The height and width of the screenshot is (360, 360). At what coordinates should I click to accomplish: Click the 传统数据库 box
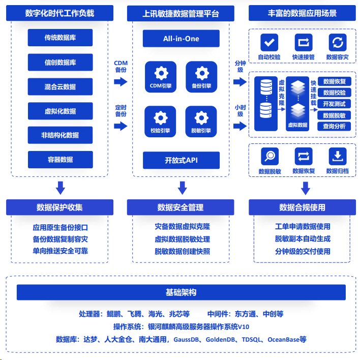pyautogui.click(x=60, y=38)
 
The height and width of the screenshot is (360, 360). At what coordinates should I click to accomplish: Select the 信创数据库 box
pyautogui.click(x=60, y=62)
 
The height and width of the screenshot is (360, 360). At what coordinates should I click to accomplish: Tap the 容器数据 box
pyautogui.click(x=61, y=160)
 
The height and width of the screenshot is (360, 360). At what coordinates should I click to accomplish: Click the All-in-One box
pyautogui.click(x=181, y=39)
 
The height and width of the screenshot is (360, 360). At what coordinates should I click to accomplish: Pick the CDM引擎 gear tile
pyautogui.click(x=161, y=77)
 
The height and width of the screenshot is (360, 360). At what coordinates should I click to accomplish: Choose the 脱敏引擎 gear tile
pyautogui.click(x=201, y=122)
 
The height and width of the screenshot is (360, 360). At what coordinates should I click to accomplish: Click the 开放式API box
pyautogui.click(x=181, y=160)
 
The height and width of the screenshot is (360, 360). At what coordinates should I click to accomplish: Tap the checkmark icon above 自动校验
pyautogui.click(x=269, y=43)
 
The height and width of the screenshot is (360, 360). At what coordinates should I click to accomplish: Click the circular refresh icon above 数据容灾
pyautogui.click(x=338, y=43)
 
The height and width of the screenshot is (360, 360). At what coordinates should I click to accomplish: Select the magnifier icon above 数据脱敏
pyautogui.click(x=270, y=156)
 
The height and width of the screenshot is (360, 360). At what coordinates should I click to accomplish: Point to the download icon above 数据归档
pyautogui.click(x=338, y=156)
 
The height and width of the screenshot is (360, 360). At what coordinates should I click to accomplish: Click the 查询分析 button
pyautogui.click(x=334, y=126)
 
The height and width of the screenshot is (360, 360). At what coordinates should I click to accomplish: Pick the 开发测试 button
pyautogui.click(x=334, y=104)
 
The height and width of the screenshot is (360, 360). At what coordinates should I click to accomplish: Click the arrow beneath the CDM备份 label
pyautogui.click(x=121, y=82)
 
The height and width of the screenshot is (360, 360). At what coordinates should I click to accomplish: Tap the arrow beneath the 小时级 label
pyautogui.click(x=240, y=126)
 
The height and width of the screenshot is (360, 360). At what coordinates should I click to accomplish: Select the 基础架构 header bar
pyautogui.click(x=181, y=292)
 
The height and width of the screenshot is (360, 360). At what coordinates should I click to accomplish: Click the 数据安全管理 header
pyautogui.click(x=181, y=207)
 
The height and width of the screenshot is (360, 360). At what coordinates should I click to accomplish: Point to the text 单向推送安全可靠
pyautogui.click(x=60, y=251)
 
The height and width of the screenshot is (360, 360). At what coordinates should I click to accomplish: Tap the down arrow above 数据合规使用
pyautogui.click(x=306, y=188)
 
